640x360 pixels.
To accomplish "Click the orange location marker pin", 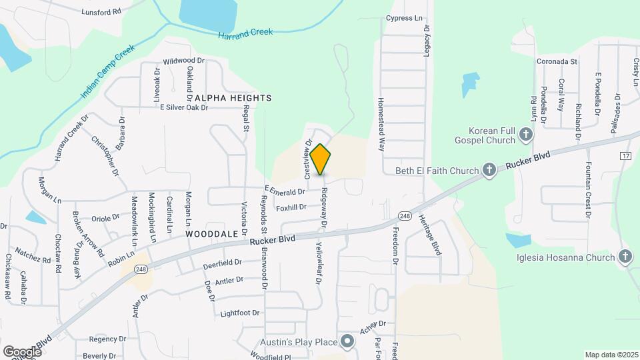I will [321, 159].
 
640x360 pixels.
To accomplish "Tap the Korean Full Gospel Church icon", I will [526, 136].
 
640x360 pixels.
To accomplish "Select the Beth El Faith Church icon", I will [489, 171].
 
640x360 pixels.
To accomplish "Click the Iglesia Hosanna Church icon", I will [625, 256].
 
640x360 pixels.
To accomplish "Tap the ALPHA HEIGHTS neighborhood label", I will [233, 98].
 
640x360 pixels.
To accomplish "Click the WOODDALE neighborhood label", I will [212, 235].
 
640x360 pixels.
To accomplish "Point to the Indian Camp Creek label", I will [107, 72].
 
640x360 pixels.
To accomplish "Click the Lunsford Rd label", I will [101, 12].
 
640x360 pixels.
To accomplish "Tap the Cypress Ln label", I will [405, 19].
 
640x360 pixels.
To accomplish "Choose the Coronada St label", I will [556, 61].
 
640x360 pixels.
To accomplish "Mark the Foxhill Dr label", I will [291, 207].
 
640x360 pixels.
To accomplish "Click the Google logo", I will [21, 351].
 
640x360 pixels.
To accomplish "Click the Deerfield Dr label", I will [223, 265].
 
